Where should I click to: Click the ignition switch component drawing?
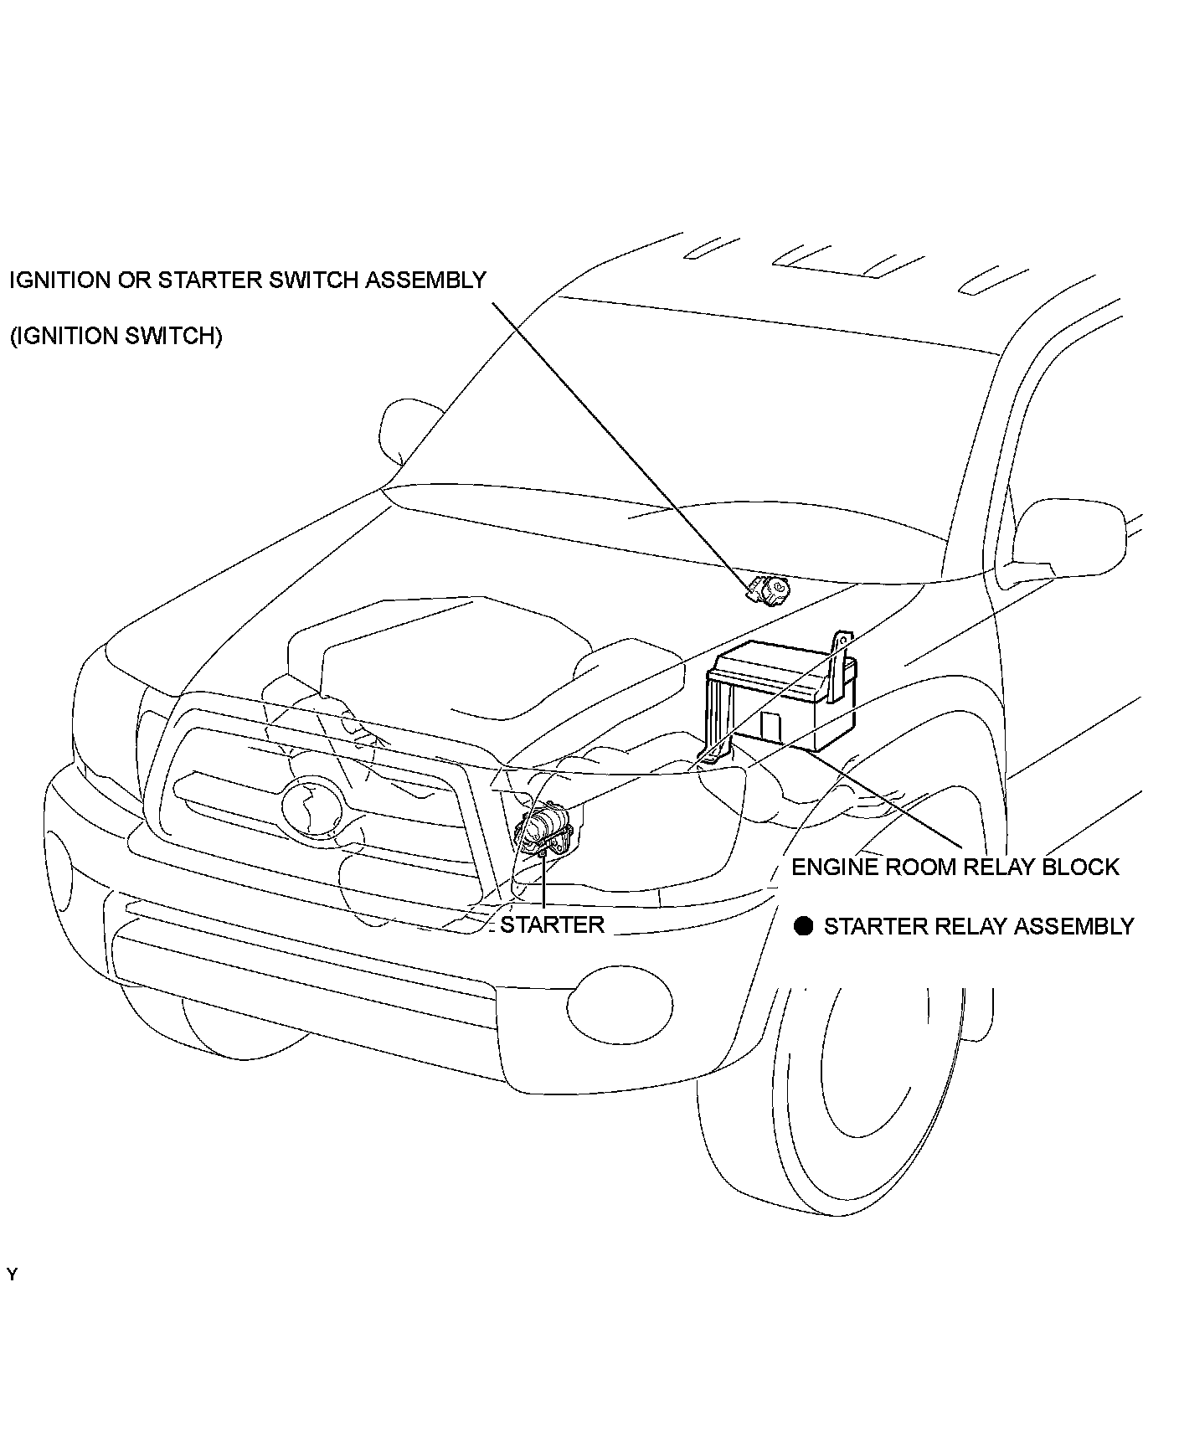(770, 590)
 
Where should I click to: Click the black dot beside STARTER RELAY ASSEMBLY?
(804, 926)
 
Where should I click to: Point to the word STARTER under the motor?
(552, 924)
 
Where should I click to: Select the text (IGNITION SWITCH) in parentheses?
(116, 336)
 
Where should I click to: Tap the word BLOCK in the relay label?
(1079, 867)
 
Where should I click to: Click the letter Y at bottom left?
(12, 1275)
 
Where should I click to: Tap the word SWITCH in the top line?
(309, 280)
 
